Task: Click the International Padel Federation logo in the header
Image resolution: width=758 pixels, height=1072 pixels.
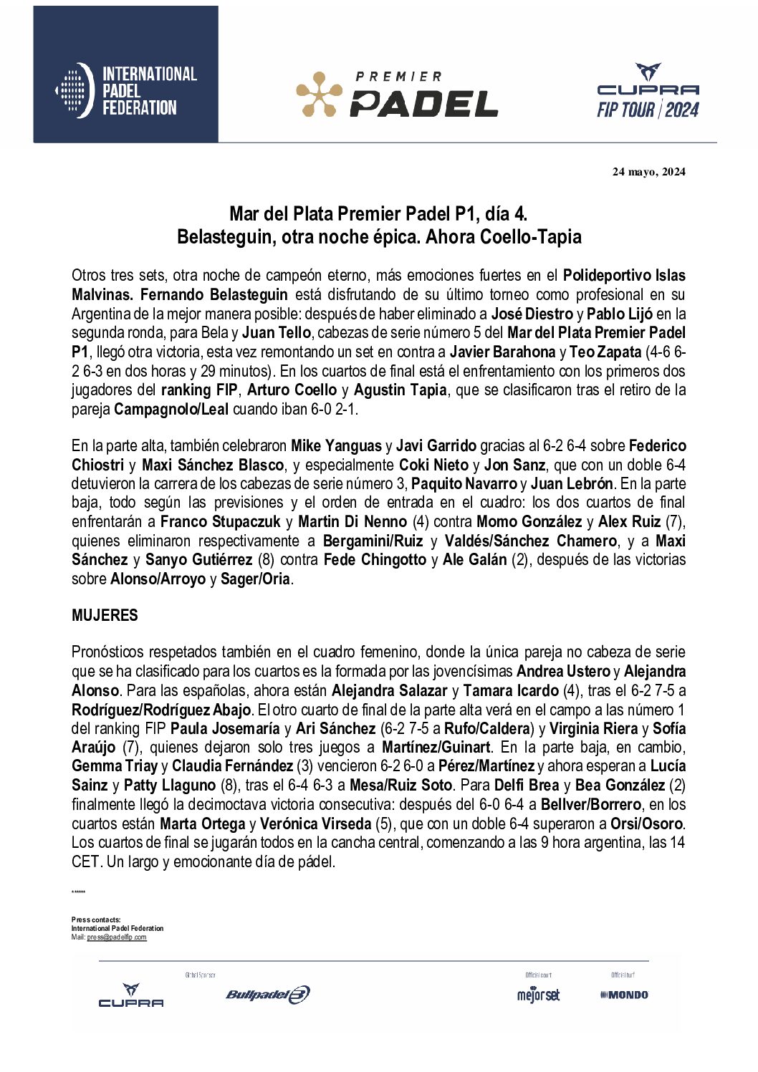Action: click(126, 90)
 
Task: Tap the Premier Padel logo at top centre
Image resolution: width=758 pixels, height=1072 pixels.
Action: click(397, 94)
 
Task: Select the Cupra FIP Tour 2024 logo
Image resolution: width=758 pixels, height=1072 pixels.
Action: click(648, 91)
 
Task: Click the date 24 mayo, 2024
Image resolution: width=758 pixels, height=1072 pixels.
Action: click(648, 172)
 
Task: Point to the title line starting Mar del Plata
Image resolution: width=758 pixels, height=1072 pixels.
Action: click(378, 213)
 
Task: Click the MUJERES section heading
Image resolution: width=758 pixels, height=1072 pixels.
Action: click(105, 616)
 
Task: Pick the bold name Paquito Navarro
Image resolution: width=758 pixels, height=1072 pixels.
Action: click(464, 484)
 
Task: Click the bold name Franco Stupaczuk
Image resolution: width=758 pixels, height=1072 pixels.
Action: click(220, 522)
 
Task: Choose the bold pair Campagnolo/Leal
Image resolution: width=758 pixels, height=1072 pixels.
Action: click(171, 410)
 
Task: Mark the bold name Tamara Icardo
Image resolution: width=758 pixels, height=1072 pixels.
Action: click(511, 691)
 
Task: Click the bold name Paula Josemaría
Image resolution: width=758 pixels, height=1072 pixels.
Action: click(225, 729)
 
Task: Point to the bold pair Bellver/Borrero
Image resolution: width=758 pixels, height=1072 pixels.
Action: click(590, 805)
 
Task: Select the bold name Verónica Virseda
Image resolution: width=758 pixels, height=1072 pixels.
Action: click(315, 824)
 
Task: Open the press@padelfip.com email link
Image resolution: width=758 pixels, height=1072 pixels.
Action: click(117, 937)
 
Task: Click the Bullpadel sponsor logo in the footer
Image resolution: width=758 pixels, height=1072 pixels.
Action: click(268, 995)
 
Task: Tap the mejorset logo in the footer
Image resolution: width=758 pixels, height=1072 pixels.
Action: click(538, 995)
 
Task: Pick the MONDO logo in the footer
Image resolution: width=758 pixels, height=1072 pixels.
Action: click(624, 995)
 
